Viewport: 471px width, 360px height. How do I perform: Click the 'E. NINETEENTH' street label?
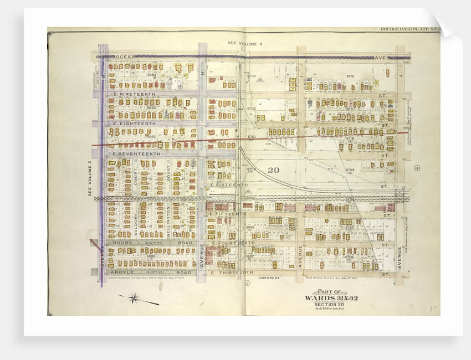click(135, 94)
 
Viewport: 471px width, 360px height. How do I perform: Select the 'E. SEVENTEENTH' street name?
click(136, 153)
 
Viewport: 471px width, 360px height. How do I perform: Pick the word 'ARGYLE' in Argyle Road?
click(123, 272)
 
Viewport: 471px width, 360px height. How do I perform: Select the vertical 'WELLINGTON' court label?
click(167, 221)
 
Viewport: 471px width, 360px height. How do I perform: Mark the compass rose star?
click(134, 300)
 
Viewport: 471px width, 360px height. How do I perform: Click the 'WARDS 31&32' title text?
click(331, 298)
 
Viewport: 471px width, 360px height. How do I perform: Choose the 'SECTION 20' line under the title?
click(331, 305)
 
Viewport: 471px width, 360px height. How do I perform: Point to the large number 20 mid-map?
click(273, 170)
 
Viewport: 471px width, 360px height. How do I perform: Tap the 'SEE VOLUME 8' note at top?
click(243, 43)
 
